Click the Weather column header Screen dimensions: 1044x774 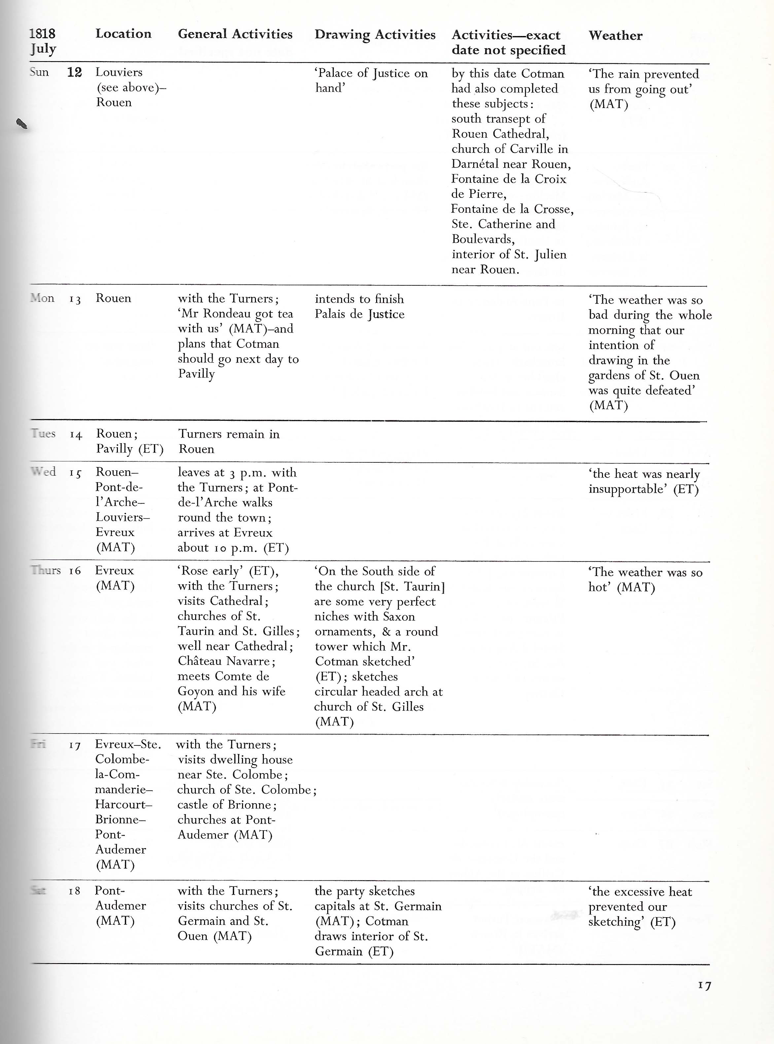(x=615, y=36)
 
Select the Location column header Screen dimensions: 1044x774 (x=123, y=34)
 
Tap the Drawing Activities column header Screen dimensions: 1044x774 (x=375, y=35)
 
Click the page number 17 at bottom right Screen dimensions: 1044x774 (x=704, y=986)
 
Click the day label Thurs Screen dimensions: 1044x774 (x=46, y=570)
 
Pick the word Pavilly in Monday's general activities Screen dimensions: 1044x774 (x=196, y=374)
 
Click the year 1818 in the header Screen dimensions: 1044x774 (x=42, y=34)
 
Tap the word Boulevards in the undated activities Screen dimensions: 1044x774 (x=482, y=239)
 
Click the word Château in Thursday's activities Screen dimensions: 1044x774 (x=199, y=661)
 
